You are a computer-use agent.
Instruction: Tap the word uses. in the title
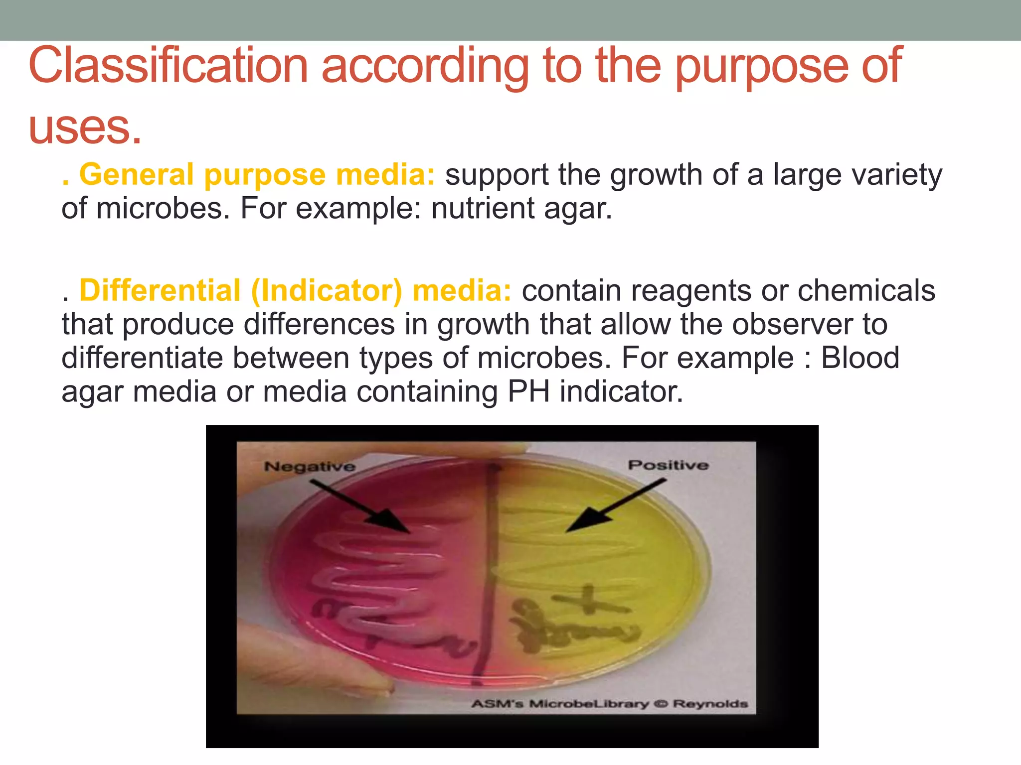pyautogui.click(x=85, y=127)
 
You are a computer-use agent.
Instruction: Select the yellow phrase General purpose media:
pyautogui.click(x=257, y=175)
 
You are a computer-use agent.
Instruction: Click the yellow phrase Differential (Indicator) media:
pyautogui.click(x=295, y=291)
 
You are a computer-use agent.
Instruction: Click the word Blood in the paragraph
pyautogui.click(x=860, y=358)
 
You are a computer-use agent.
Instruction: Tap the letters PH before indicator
pyautogui.click(x=528, y=392)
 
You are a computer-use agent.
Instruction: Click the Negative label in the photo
pyautogui.click(x=310, y=467)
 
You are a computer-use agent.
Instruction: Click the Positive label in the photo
pyautogui.click(x=668, y=465)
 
